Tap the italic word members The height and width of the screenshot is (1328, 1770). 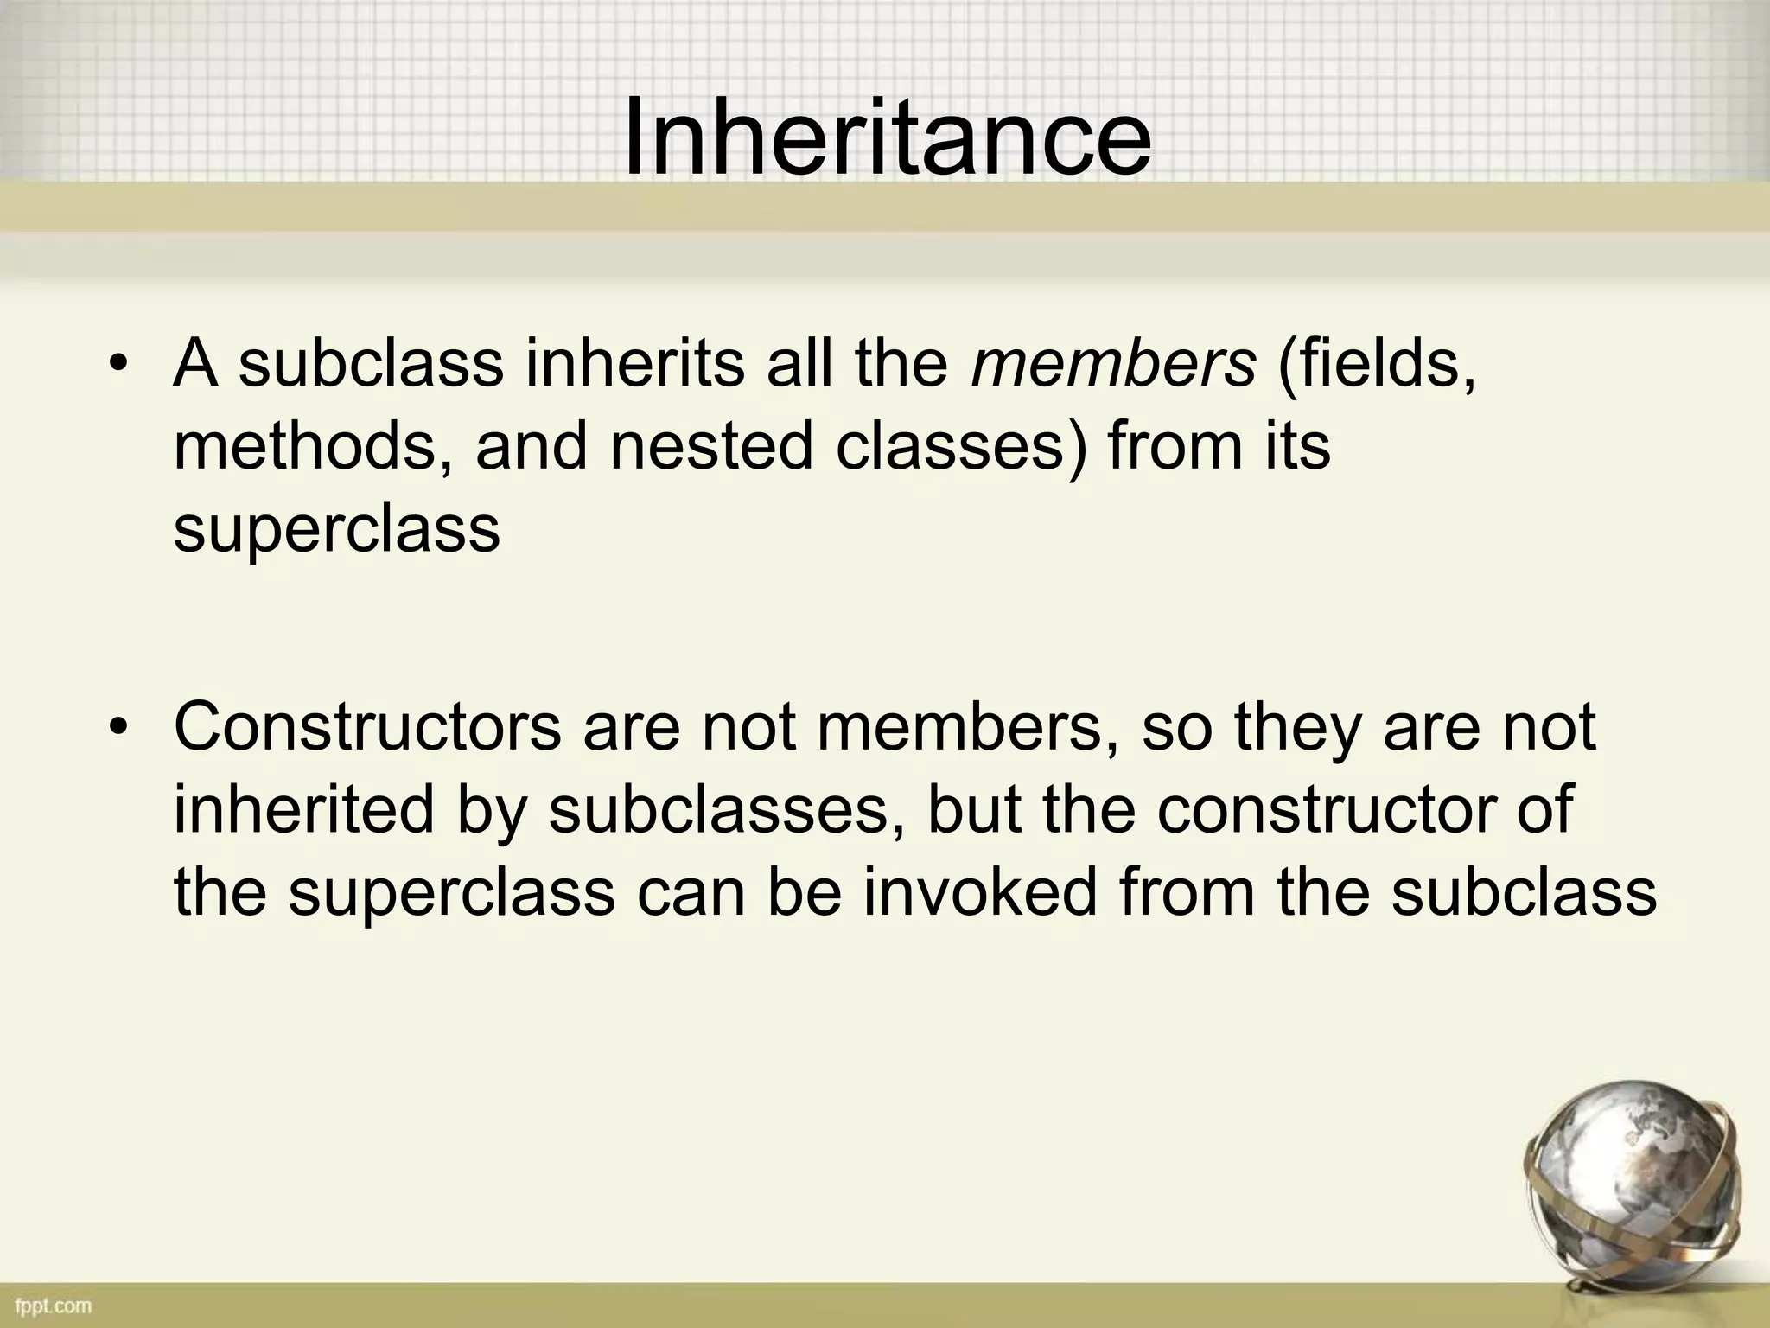1113,364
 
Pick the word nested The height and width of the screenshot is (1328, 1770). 710,447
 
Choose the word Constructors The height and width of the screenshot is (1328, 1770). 367,727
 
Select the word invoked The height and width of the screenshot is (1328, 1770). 978,893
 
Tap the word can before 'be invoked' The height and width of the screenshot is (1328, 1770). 691,893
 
